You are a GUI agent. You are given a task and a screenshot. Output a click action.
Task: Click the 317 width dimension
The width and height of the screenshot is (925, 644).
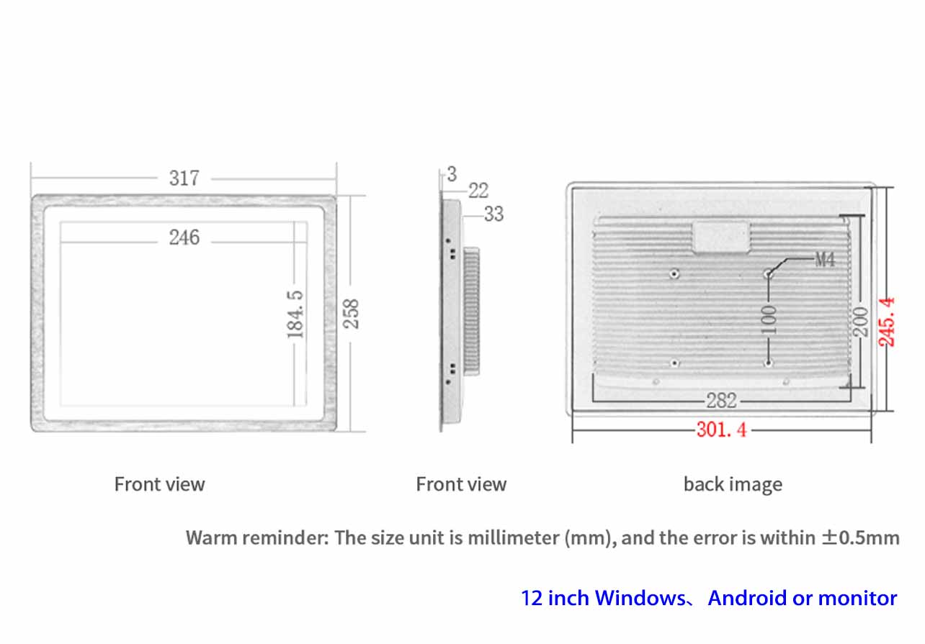[184, 178]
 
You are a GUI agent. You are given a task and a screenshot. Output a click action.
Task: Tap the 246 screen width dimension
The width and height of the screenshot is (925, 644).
[184, 237]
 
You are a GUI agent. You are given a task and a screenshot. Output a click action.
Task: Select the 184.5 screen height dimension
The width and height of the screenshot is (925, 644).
[295, 314]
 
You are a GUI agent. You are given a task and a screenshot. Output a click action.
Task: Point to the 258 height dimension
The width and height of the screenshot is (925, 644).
[352, 314]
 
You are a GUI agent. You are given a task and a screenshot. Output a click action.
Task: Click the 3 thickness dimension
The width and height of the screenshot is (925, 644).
[452, 174]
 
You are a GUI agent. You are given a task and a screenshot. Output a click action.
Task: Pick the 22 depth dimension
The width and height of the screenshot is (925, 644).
[478, 191]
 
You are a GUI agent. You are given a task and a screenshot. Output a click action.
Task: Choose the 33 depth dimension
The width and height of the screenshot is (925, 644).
[494, 214]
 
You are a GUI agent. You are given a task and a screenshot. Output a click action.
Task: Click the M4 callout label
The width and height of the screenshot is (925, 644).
[825, 260]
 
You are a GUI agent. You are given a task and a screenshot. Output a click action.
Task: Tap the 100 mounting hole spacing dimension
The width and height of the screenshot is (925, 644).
[769, 319]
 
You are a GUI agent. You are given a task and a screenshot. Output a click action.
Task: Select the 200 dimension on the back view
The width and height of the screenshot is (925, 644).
[861, 322]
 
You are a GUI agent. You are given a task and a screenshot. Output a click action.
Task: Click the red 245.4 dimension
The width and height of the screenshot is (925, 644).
[886, 322]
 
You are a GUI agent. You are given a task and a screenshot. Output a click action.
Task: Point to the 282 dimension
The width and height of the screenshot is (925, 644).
[721, 401]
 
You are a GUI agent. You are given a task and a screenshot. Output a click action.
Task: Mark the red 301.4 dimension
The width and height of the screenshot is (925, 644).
[722, 430]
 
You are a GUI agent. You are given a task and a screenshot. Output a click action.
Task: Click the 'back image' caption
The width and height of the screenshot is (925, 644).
[733, 484]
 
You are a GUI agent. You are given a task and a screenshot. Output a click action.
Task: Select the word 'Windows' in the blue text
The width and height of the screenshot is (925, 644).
[640, 598]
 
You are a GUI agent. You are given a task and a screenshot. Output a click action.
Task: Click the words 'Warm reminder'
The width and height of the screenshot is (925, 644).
[257, 538]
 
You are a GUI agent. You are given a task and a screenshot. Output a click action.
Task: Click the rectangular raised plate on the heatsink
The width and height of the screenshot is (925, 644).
[721, 237]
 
